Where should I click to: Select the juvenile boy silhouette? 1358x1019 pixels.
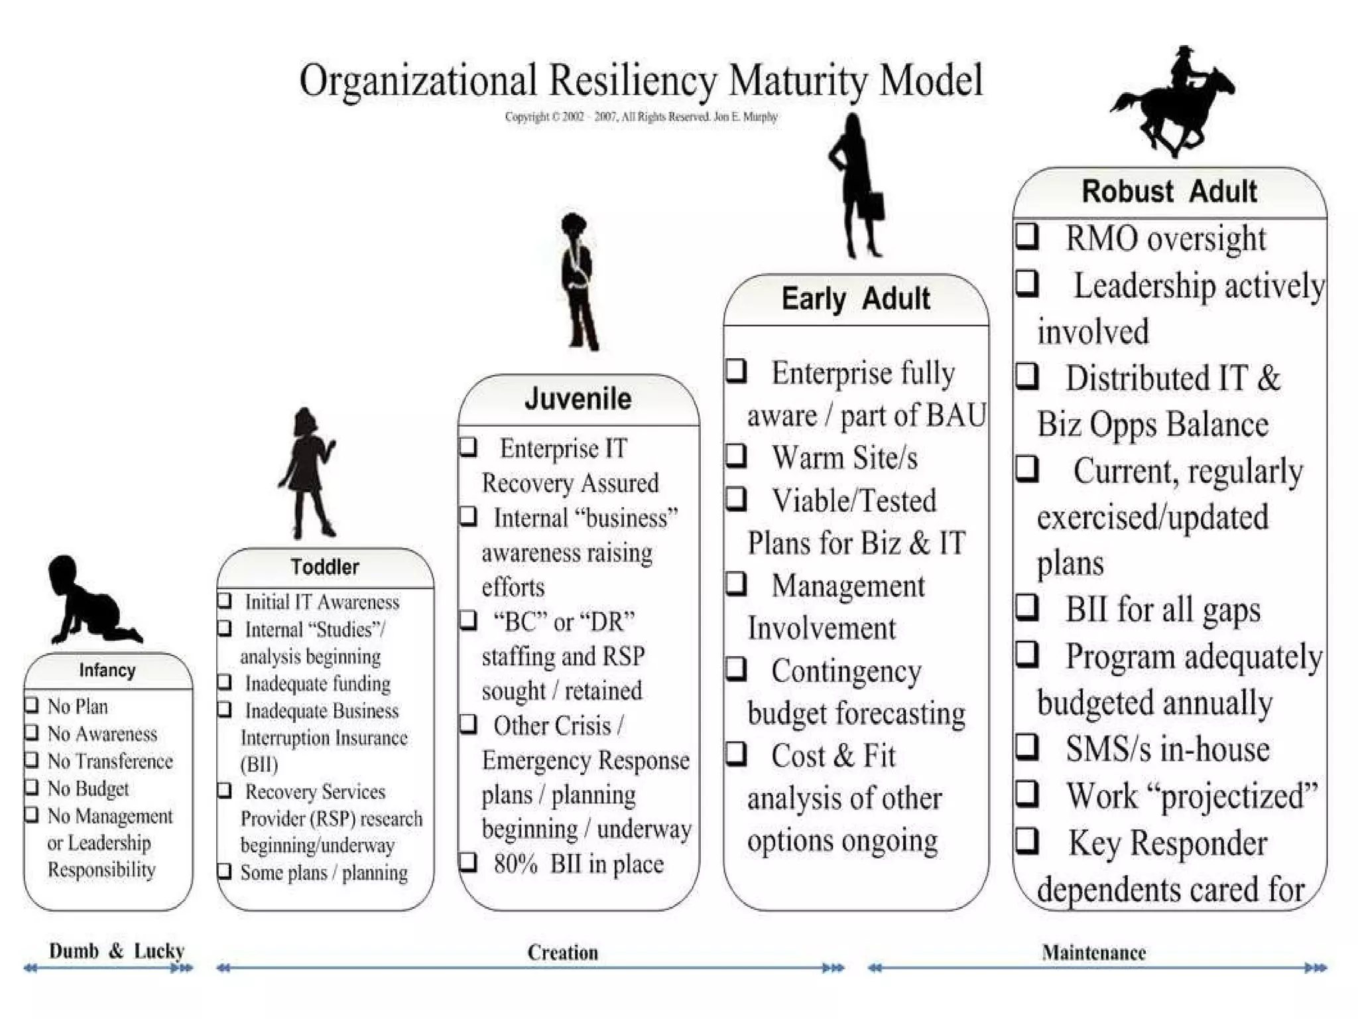[578, 281]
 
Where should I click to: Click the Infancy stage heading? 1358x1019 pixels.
[107, 670]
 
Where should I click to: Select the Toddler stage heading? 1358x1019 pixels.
[324, 567]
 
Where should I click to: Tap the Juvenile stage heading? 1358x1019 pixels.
[578, 399]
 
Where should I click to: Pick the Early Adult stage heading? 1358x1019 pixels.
[855, 299]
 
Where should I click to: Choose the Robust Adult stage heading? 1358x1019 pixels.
[1169, 191]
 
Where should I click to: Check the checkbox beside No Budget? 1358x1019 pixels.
[31, 787]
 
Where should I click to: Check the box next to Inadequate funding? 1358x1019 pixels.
[225, 682]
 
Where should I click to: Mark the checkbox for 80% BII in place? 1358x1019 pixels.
[468, 862]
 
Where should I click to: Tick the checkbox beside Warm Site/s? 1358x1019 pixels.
[736, 456]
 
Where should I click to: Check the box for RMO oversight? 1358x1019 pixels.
[1027, 236]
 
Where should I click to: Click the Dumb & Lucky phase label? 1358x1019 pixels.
[116, 951]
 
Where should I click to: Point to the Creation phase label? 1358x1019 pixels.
[562, 953]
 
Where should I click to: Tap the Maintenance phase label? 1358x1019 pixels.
[1093, 953]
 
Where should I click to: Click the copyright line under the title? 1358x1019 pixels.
[641, 117]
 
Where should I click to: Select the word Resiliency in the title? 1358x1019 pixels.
[633, 81]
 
